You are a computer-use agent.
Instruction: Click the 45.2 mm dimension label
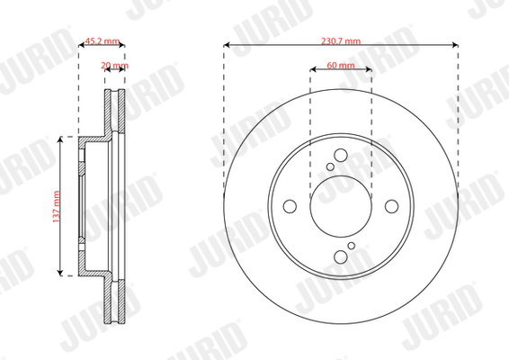pyautogui.click(x=102, y=40)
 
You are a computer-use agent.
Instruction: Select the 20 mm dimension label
pyautogui.click(x=114, y=66)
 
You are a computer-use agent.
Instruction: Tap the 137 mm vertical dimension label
pyautogui.click(x=56, y=207)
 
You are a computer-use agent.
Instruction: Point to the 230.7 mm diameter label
pyautogui.click(x=341, y=40)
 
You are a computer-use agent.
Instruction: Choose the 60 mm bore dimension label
pyautogui.click(x=341, y=65)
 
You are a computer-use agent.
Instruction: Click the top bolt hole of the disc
pyautogui.click(x=341, y=156)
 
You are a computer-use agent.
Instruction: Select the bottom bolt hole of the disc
pyautogui.click(x=341, y=257)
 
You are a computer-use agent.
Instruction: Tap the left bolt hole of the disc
pyautogui.click(x=290, y=206)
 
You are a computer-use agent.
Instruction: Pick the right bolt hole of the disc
pyautogui.click(x=391, y=206)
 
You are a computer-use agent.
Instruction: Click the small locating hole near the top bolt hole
pyautogui.click(x=330, y=167)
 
